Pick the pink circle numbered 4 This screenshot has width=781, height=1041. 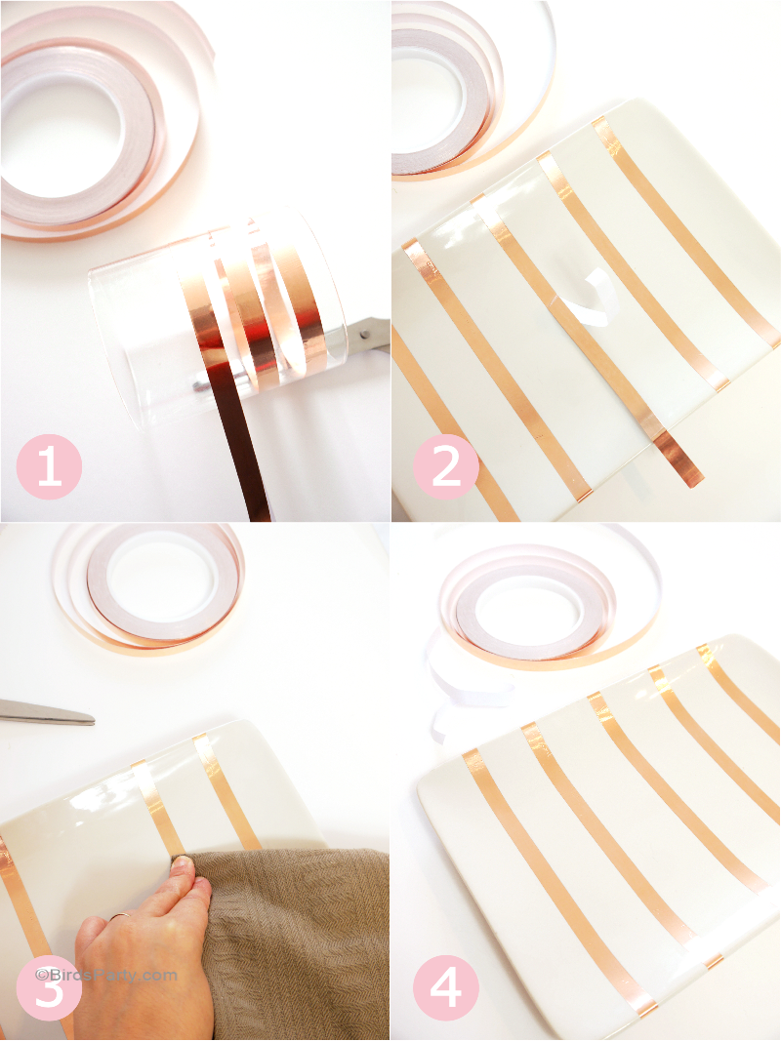[x=445, y=987]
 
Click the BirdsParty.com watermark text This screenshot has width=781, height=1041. [x=107, y=974]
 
